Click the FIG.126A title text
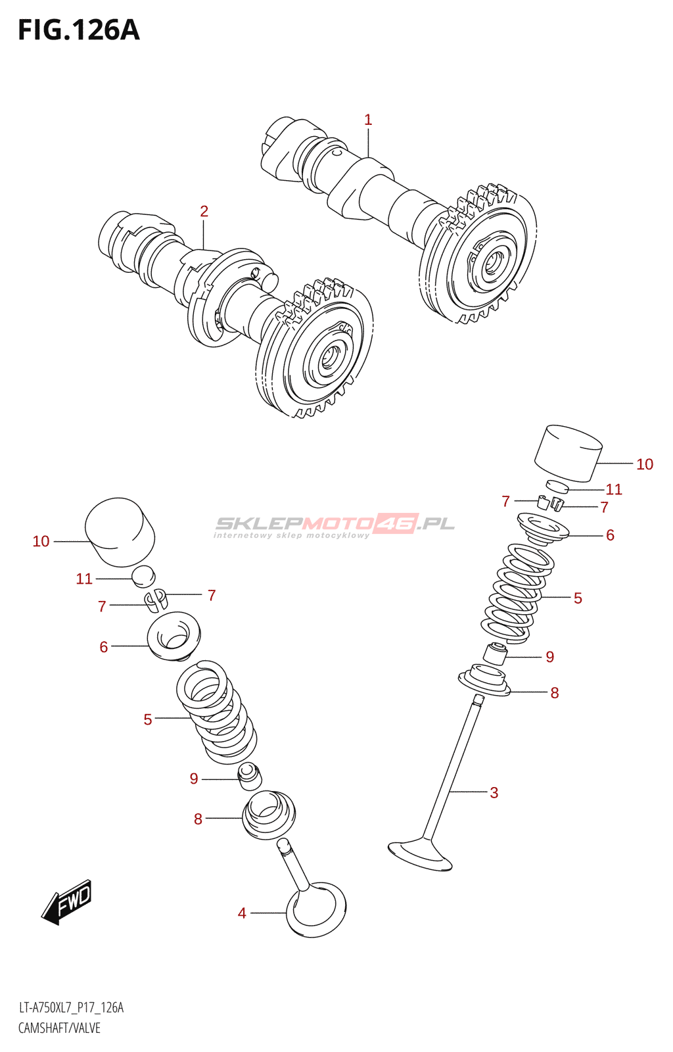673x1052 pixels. coord(79,30)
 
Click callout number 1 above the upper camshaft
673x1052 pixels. coord(368,120)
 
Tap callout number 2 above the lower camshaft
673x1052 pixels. coord(204,211)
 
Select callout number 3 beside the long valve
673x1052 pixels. coord(494,792)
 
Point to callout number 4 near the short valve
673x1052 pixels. coord(242,913)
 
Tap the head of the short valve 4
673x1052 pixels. coord(316,909)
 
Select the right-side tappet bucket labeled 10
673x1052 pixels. coord(569,453)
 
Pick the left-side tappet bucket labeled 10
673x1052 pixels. coord(120,532)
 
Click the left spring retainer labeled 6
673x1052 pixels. coord(174,634)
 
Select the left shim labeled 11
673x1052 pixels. coord(143,576)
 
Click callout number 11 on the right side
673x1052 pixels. coord(613,489)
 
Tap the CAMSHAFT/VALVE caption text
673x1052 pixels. coord(59,1028)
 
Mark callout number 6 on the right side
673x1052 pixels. coord(610,535)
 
